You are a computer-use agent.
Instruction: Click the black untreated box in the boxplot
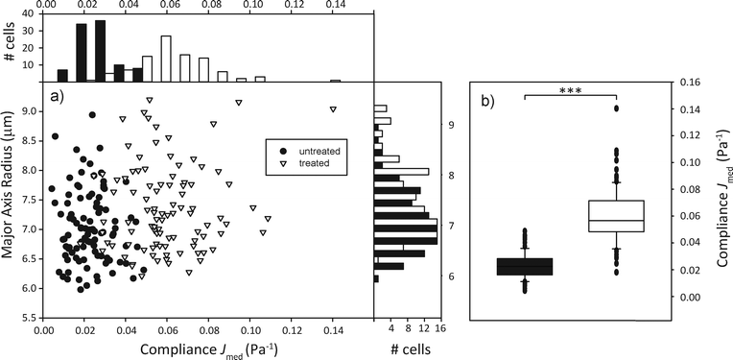(x=525, y=267)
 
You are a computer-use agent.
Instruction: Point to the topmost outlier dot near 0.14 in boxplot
(x=616, y=108)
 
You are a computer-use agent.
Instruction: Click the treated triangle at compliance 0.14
(x=333, y=109)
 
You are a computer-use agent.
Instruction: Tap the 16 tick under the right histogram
(x=439, y=327)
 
